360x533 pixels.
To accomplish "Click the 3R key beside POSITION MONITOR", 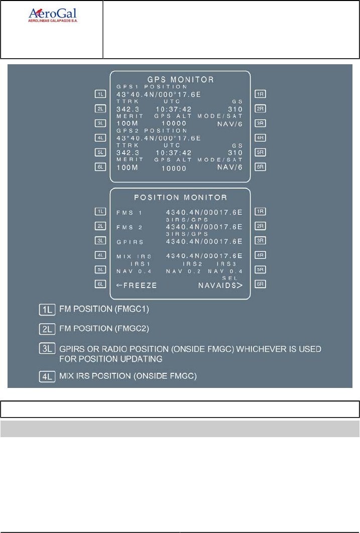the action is coord(260,240).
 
